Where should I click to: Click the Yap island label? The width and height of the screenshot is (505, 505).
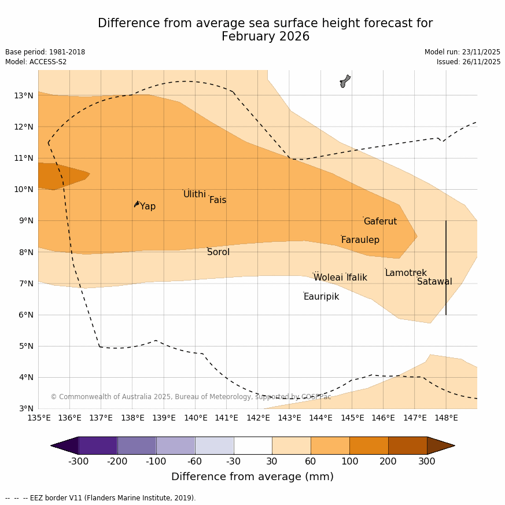pos(148,207)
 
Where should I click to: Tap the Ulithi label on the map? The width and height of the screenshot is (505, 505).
pos(194,194)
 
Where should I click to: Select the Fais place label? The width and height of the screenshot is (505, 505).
pos(218,200)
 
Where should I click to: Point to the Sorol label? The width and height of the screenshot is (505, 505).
pos(218,252)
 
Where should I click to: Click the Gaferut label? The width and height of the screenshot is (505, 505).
pos(380,222)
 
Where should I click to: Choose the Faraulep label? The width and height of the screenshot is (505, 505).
pos(360,240)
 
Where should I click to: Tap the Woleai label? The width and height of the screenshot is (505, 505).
pos(328,278)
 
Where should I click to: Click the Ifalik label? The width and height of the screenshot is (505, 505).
pos(356,278)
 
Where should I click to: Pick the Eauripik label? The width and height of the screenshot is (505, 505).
pos(321,297)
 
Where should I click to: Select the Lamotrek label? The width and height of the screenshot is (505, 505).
pos(406,273)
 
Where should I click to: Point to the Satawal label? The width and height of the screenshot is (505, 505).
pos(434,282)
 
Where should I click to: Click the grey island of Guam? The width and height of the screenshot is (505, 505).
pos(345,81)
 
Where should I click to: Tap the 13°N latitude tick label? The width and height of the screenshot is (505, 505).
pos(24,95)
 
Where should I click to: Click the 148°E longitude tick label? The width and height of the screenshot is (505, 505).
pos(446,418)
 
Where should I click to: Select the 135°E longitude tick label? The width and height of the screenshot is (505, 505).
pos(38,418)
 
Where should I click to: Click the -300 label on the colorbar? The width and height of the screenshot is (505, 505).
pos(78,461)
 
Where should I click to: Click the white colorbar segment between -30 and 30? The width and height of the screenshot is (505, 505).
pos(253,445)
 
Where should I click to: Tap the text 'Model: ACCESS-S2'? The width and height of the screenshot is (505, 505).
pos(36,62)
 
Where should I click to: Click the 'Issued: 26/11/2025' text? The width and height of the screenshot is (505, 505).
pos(469,62)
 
